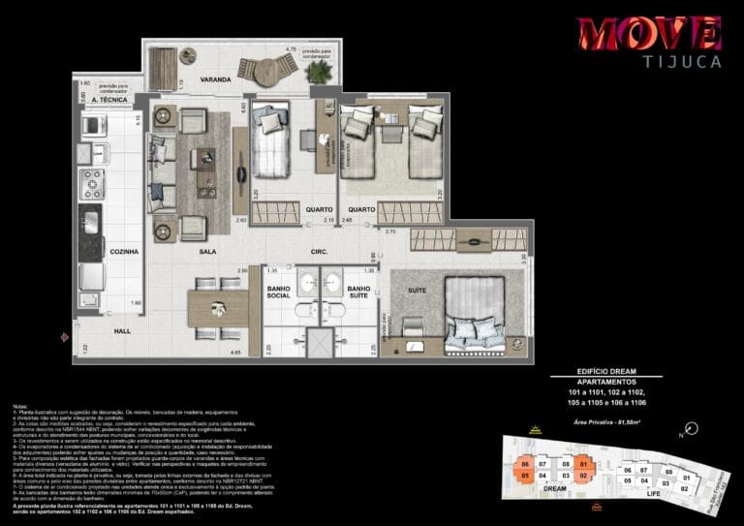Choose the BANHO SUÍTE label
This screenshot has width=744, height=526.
pos(358,294)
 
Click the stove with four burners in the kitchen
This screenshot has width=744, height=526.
pos(92,181)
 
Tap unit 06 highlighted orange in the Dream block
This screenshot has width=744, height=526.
pos(525,462)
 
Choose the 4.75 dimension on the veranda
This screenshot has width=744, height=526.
pos(290,47)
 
